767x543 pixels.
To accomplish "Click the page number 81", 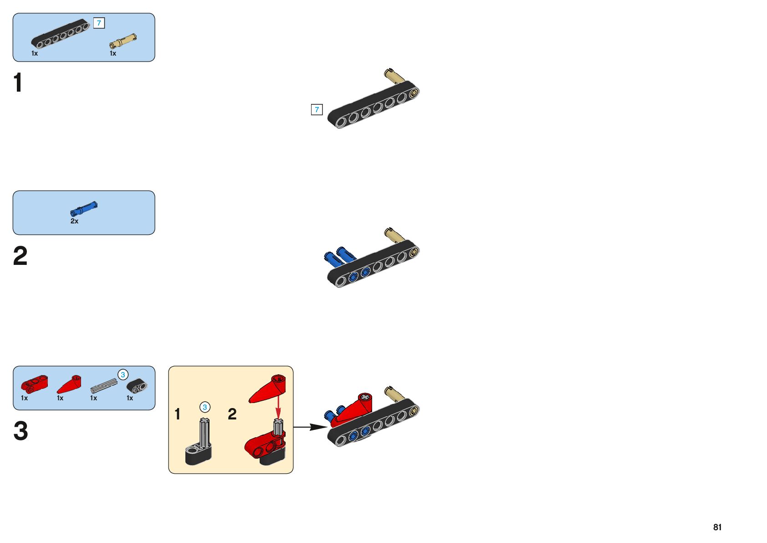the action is tap(717, 527).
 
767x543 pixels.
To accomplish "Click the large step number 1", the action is tap(18, 83).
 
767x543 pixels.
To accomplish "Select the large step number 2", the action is tap(20, 256).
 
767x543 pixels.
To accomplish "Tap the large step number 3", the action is tap(20, 431).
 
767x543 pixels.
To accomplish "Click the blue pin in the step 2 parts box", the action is tap(84, 209).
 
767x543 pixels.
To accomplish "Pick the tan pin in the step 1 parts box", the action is tap(123, 41).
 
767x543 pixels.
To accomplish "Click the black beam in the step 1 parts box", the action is tap(61, 33).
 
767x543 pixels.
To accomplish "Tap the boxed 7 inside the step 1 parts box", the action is tap(99, 23).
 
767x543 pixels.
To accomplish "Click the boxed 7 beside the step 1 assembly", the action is tap(317, 109).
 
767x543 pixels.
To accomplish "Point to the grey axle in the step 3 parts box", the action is tap(103, 386).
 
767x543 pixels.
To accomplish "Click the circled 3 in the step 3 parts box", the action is tap(123, 375).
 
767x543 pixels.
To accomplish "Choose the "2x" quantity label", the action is tap(74, 221).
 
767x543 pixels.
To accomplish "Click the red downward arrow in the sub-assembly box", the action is tap(278, 404).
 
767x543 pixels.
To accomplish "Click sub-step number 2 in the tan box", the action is tap(232, 414).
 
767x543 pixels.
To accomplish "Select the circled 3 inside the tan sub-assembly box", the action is tap(205, 407).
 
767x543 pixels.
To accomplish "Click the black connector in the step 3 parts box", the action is tap(137, 386).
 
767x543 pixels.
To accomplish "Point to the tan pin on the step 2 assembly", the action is tap(394, 235).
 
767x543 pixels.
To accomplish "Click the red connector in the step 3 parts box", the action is tap(34, 384).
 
